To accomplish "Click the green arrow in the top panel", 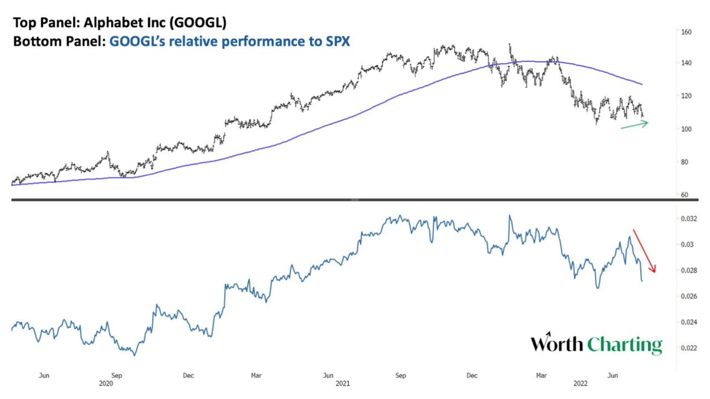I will click(x=634, y=125).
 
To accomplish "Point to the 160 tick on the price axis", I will click(x=686, y=32).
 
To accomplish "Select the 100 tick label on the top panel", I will click(x=686, y=129).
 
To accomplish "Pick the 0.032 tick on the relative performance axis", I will click(x=689, y=219).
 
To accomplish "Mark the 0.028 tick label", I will click(x=689, y=270).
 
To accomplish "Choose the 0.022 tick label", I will click(x=689, y=348).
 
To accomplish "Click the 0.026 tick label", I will click(x=689, y=296).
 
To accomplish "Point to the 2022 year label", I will click(x=580, y=383).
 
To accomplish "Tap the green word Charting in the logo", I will click(x=625, y=345).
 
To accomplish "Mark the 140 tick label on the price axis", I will click(x=686, y=63).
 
